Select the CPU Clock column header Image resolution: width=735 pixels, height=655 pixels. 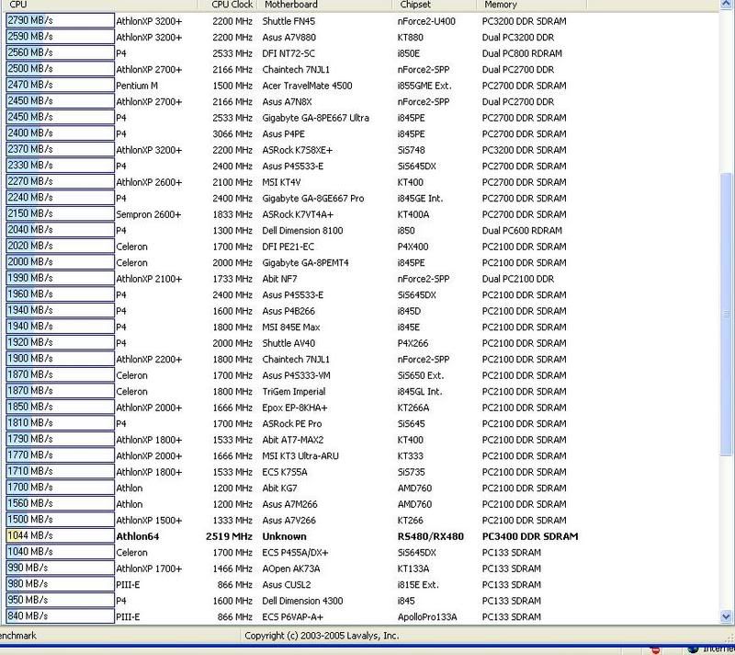[x=232, y=6]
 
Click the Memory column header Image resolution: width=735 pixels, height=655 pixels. [x=501, y=6]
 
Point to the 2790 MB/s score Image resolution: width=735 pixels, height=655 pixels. [x=30, y=20]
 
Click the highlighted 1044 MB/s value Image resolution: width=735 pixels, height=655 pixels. [x=30, y=535]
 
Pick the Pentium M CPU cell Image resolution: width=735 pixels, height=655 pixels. [x=136, y=85]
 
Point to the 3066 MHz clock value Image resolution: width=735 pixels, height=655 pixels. [x=231, y=133]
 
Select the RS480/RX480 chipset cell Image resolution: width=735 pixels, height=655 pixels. [x=430, y=536]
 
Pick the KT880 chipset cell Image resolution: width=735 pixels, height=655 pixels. [x=410, y=37]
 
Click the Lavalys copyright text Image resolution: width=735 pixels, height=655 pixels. [x=322, y=636]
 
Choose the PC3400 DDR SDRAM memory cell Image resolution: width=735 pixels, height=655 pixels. [x=532, y=536]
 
